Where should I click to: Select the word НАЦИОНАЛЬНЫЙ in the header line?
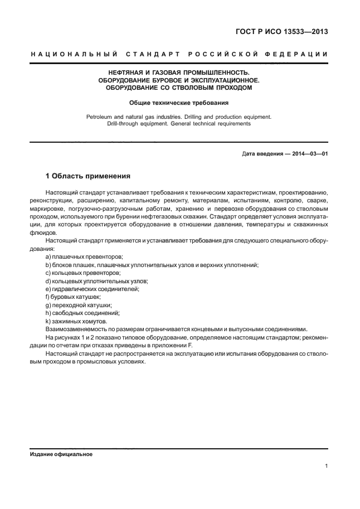coord(73,54)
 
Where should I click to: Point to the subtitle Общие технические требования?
coord(179,103)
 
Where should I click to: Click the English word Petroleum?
coord(100,117)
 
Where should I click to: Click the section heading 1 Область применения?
coord(87,176)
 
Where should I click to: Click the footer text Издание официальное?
coord(61,454)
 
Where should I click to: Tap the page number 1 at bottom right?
coord(325,467)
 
